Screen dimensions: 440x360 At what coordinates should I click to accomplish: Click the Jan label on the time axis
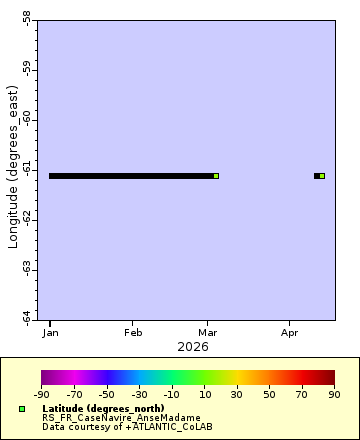pyautogui.click(x=50, y=332)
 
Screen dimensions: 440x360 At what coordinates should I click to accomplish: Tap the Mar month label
pyautogui.click(x=207, y=332)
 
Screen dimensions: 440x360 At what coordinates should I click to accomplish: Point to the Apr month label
pyautogui.click(x=290, y=332)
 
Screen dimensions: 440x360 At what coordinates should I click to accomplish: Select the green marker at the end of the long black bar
pyautogui.click(x=216, y=176)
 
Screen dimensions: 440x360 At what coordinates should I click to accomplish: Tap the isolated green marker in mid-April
pyautogui.click(x=322, y=176)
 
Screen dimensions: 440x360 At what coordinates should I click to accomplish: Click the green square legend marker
pyautogui.click(x=22, y=409)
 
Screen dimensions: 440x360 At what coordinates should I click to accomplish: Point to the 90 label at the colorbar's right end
pyautogui.click(x=335, y=394)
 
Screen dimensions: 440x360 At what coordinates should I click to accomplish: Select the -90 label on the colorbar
pyautogui.click(x=42, y=394)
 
